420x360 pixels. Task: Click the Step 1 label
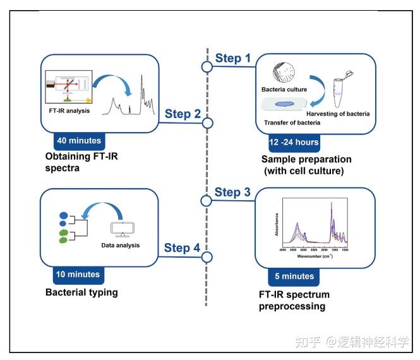click(x=233, y=58)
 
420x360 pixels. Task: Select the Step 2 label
click(x=183, y=114)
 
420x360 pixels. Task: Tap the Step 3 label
click(x=233, y=191)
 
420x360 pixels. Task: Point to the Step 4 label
click(x=182, y=248)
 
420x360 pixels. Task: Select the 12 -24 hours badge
click(x=288, y=142)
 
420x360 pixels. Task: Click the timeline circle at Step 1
click(x=207, y=66)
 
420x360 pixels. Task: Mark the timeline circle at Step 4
click(x=207, y=257)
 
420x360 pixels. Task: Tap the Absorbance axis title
click(x=277, y=225)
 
